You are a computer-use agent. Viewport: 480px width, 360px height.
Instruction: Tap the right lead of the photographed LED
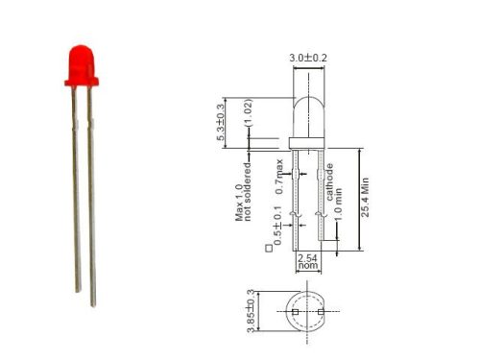91,192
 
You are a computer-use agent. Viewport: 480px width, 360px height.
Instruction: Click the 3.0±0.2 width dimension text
309,58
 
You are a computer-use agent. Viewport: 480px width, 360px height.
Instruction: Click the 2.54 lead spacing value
308,258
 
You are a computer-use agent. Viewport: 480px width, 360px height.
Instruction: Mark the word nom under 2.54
308,269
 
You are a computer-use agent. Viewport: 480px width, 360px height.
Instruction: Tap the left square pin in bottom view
297,313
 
